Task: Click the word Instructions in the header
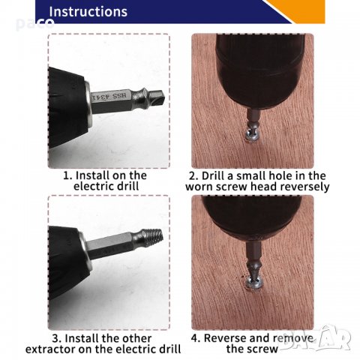pos(88,12)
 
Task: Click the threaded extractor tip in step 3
pos(152,237)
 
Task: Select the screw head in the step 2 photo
pos(253,136)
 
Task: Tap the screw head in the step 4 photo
pos(253,282)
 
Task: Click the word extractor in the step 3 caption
pos(50,349)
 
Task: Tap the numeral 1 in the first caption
pos(66,175)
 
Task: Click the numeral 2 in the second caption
pos(193,175)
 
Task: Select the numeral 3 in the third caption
pos(56,338)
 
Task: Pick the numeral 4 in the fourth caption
pos(195,338)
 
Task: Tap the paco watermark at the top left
pos(35,23)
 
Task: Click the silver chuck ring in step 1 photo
pos(88,103)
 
